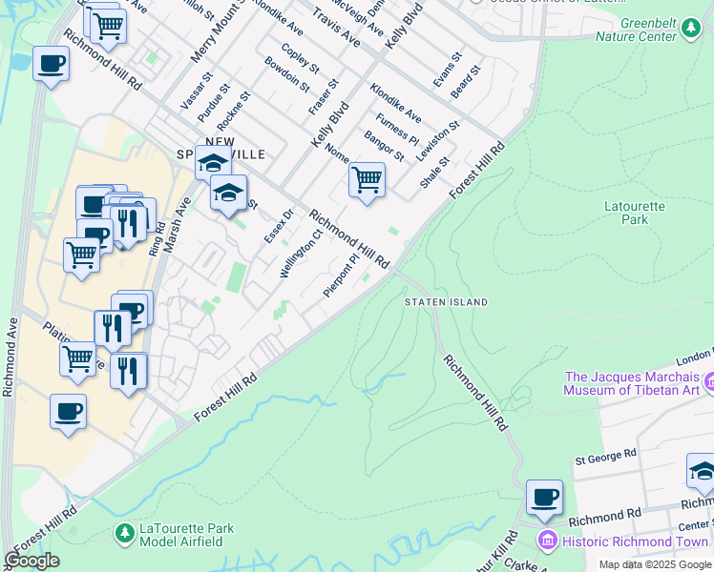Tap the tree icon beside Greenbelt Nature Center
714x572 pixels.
pyautogui.click(x=690, y=31)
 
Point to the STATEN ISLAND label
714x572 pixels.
pyautogui.click(x=446, y=302)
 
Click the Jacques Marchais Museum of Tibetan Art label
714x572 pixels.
pyautogui.click(x=631, y=383)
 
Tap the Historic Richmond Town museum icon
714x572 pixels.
pyautogui.click(x=547, y=541)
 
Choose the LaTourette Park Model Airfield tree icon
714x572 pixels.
pyautogui.click(x=124, y=533)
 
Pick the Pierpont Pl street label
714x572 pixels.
pyautogui.click(x=340, y=275)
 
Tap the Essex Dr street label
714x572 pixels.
pyautogui.click(x=278, y=225)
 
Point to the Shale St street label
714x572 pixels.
pyautogui.click(x=435, y=173)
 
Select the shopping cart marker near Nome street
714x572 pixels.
pyautogui.click(x=367, y=179)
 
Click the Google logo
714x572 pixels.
pyautogui.click(x=31, y=562)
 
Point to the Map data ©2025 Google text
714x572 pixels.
pyautogui.click(x=655, y=564)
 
